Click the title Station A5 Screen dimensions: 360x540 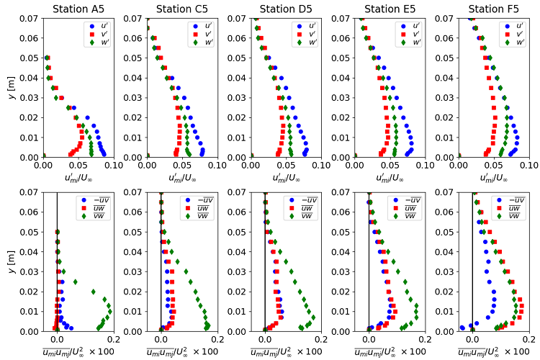coord(77,9)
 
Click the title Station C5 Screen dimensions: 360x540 coord(181,9)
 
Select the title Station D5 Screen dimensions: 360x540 coord(285,9)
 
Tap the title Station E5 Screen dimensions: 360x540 coord(390,9)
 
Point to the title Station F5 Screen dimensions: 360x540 coord(493,9)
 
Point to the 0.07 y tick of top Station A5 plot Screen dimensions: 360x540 coord(30,18)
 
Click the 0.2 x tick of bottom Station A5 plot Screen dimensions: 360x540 coord(112,340)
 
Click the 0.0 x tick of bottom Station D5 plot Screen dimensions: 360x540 coord(265,340)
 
